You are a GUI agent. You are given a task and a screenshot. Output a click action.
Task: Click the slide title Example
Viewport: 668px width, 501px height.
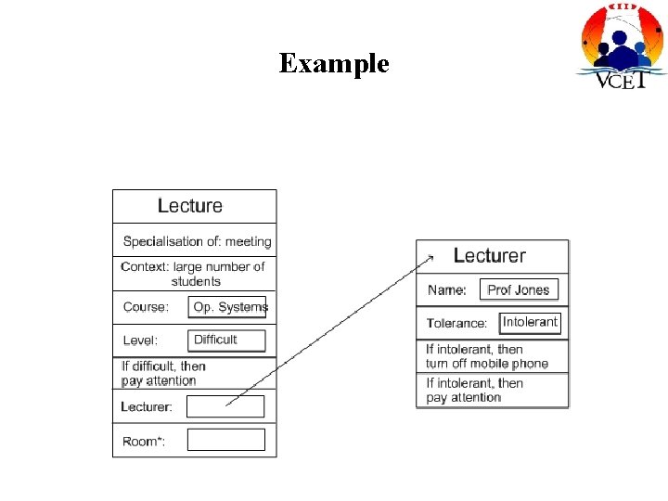[x=334, y=64]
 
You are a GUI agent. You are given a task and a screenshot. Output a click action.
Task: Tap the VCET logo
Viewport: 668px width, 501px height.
[x=622, y=46]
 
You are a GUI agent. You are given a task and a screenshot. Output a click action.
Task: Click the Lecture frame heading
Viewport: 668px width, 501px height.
[x=190, y=206]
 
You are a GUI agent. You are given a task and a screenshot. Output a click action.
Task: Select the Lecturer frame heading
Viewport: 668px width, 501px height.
[x=489, y=256]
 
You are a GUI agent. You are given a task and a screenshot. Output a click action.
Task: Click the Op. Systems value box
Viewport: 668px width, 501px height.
[x=228, y=307]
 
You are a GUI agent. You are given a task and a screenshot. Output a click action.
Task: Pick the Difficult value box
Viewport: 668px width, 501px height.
[x=226, y=340]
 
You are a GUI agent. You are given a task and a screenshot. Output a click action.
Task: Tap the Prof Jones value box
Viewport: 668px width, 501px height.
[x=519, y=289]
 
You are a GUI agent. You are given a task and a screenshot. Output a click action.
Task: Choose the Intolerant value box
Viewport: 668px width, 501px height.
[x=530, y=323]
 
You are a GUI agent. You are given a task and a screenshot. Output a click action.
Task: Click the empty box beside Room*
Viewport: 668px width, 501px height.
[x=225, y=440]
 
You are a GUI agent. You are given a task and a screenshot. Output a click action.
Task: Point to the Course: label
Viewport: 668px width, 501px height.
[x=146, y=307]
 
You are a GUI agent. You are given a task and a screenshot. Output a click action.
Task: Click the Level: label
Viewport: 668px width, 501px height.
[x=141, y=340]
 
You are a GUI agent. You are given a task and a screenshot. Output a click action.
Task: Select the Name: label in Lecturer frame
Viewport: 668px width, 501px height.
[x=447, y=290]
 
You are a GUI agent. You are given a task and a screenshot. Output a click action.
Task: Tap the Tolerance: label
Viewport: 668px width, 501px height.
[x=456, y=324]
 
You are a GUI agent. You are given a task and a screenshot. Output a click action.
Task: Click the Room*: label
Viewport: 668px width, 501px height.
[x=144, y=441]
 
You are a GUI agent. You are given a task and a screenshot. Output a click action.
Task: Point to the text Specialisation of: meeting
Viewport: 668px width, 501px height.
[x=197, y=241]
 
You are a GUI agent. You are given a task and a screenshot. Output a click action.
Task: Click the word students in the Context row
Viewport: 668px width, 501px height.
[x=196, y=281]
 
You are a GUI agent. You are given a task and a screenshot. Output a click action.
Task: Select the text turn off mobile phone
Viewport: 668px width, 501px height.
[x=487, y=364]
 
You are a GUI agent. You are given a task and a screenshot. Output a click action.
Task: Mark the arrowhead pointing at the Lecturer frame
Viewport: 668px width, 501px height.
[x=429, y=251]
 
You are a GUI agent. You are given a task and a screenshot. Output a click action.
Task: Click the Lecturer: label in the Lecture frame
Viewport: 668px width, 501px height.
[x=147, y=406]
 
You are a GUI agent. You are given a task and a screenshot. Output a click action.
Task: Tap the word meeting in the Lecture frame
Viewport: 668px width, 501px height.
[x=248, y=241]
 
